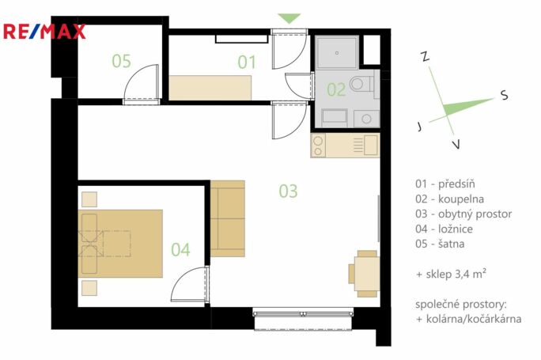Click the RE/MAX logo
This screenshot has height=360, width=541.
44,32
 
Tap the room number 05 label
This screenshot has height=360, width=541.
122,61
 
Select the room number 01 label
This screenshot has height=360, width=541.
247,63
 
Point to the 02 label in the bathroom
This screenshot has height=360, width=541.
336,89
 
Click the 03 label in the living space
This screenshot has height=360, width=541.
288,191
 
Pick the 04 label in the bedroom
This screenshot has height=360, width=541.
180,249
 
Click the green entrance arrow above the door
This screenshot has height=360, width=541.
289,18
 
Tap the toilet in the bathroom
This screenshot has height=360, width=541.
361,84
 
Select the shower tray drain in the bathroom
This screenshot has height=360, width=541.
337,53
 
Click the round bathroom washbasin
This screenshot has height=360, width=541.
366,119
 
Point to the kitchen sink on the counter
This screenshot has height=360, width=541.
371,145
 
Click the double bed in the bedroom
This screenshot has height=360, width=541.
120,244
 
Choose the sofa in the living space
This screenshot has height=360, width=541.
228,218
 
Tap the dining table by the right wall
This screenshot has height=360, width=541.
367,274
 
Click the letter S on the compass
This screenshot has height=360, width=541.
505,95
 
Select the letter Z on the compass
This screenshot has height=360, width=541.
426,56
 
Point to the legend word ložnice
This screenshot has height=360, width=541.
456,229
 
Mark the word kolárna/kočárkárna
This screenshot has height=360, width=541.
474,319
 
